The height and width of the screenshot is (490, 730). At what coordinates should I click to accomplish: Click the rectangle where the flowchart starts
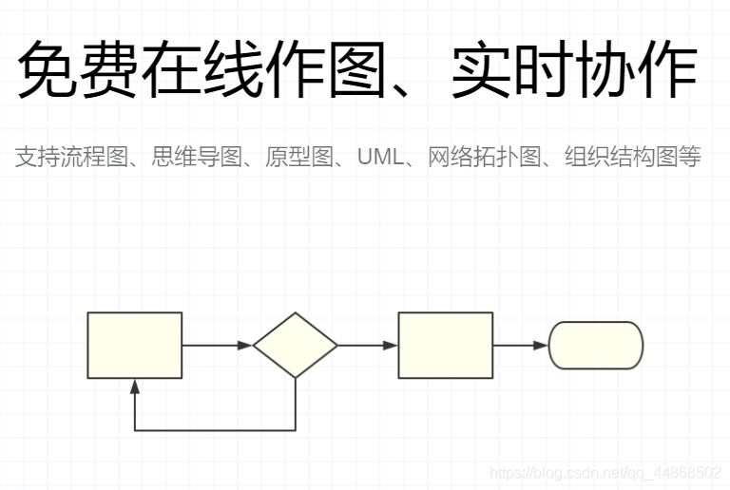(x=134, y=345)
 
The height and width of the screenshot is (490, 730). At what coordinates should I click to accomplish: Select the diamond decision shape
(x=295, y=345)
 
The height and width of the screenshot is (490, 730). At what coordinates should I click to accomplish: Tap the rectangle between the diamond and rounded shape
(x=445, y=345)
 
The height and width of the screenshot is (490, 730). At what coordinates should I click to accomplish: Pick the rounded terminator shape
(x=596, y=345)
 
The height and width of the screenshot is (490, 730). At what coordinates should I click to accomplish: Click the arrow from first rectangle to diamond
(x=217, y=345)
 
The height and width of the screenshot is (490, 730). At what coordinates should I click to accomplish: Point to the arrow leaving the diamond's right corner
(x=367, y=345)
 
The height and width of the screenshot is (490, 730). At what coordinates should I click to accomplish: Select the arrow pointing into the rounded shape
(x=520, y=345)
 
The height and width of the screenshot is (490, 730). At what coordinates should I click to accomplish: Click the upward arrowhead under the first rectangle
(x=135, y=386)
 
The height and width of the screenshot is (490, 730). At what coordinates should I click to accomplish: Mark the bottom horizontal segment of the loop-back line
(x=215, y=431)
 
